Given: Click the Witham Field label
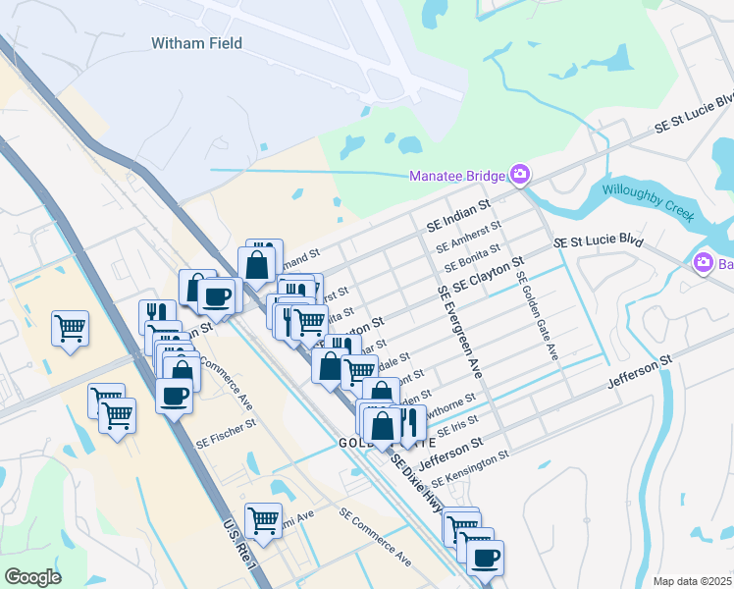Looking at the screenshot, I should tap(196, 43).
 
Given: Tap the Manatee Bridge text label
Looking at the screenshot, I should tap(457, 177).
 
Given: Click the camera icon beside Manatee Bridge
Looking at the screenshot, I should tap(520, 176).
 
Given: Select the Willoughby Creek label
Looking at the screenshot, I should tap(648, 201).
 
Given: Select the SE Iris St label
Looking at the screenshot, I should tap(457, 426).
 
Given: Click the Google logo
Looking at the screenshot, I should tap(32, 577).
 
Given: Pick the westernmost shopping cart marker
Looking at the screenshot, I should tap(70, 328).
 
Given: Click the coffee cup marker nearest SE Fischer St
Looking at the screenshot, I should tap(175, 397).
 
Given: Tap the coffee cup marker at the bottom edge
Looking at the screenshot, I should tap(484, 558).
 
